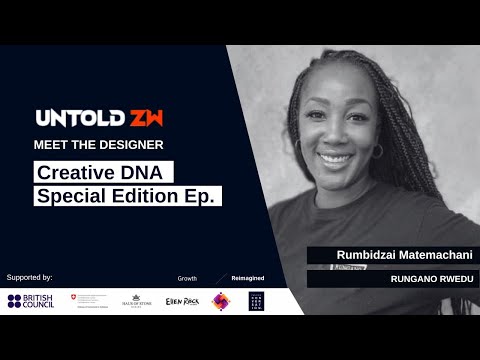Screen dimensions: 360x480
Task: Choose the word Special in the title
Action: point(71,196)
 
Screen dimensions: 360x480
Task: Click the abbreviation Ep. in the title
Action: point(201,196)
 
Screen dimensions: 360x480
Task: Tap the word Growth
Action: point(187,277)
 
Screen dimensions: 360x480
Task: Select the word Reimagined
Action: point(248,277)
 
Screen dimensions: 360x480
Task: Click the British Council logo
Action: point(30,301)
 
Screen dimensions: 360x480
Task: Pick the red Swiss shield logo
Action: point(71,298)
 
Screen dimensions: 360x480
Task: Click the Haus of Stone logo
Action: point(136,301)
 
